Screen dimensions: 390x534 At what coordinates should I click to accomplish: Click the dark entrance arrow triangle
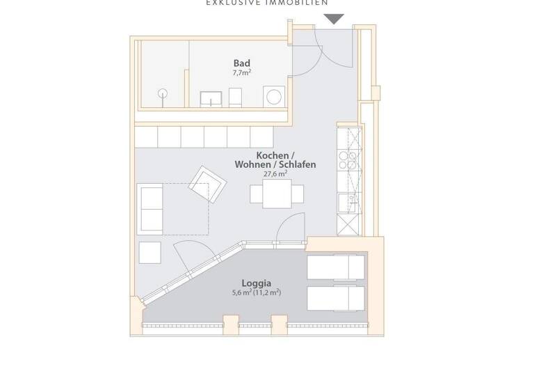coord(334,19)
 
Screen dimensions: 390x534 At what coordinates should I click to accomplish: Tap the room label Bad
coord(241,63)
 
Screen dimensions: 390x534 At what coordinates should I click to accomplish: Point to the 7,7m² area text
coord(241,72)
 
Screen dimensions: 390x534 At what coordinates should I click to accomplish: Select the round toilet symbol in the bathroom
coord(164,93)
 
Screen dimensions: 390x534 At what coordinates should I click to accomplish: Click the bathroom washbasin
coord(210,98)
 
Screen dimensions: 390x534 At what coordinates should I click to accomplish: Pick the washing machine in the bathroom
coord(273,95)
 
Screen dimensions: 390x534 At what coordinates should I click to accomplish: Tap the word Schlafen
coord(298,165)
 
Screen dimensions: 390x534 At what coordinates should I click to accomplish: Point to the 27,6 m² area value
coord(275,174)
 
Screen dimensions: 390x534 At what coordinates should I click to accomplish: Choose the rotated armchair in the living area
coord(209,184)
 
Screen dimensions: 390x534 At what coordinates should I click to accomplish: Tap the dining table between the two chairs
coord(277,194)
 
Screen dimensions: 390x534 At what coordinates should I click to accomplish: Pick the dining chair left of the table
coord(256,194)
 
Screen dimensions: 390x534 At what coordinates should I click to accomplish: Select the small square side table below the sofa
coord(149,252)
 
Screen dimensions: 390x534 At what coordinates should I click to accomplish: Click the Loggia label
coord(256,283)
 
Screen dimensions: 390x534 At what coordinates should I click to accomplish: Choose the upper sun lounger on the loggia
coord(335,265)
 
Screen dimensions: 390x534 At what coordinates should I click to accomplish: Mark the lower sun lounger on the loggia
coord(335,298)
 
